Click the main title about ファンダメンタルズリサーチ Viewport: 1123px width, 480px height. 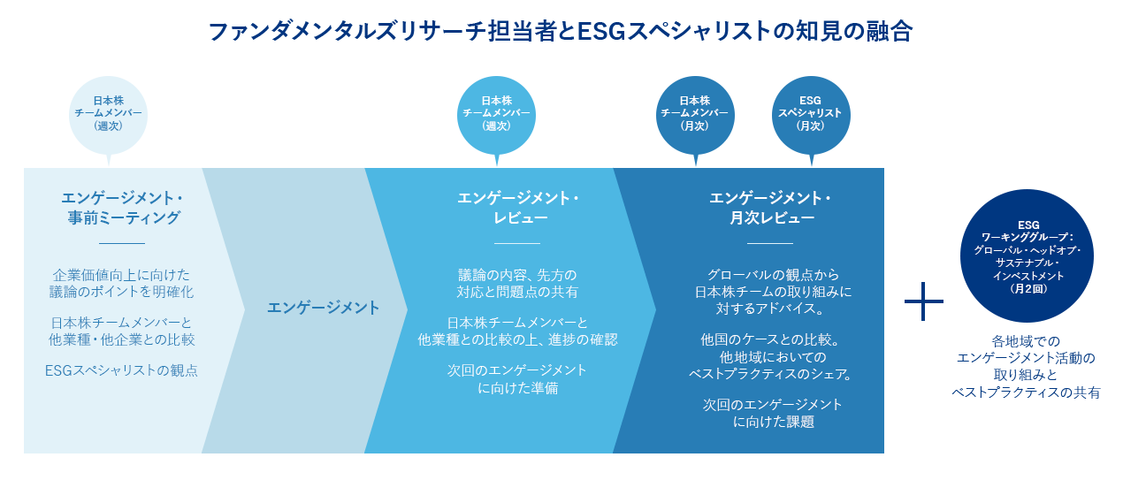pos(561,33)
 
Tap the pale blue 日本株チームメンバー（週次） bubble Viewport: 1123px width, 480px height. pos(107,113)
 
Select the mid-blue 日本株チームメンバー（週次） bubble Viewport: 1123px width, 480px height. pos(496,113)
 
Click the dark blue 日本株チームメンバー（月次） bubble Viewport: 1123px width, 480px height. pos(695,113)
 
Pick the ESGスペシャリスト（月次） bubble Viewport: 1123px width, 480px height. pos(810,113)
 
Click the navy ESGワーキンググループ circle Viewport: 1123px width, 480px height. pos(1027,256)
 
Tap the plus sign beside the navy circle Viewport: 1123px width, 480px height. pos(924,301)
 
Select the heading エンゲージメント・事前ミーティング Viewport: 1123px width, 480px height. pos(122,207)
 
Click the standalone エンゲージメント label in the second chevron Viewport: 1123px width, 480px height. pos(323,308)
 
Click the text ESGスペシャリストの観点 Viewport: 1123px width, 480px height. pos(121,370)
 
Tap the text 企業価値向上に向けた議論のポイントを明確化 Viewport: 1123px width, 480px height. pos(121,282)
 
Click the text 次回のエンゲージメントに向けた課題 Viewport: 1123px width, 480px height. pos(773,413)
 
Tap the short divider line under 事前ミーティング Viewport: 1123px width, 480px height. pos(121,242)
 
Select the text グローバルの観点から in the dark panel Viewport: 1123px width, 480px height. pos(773,274)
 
